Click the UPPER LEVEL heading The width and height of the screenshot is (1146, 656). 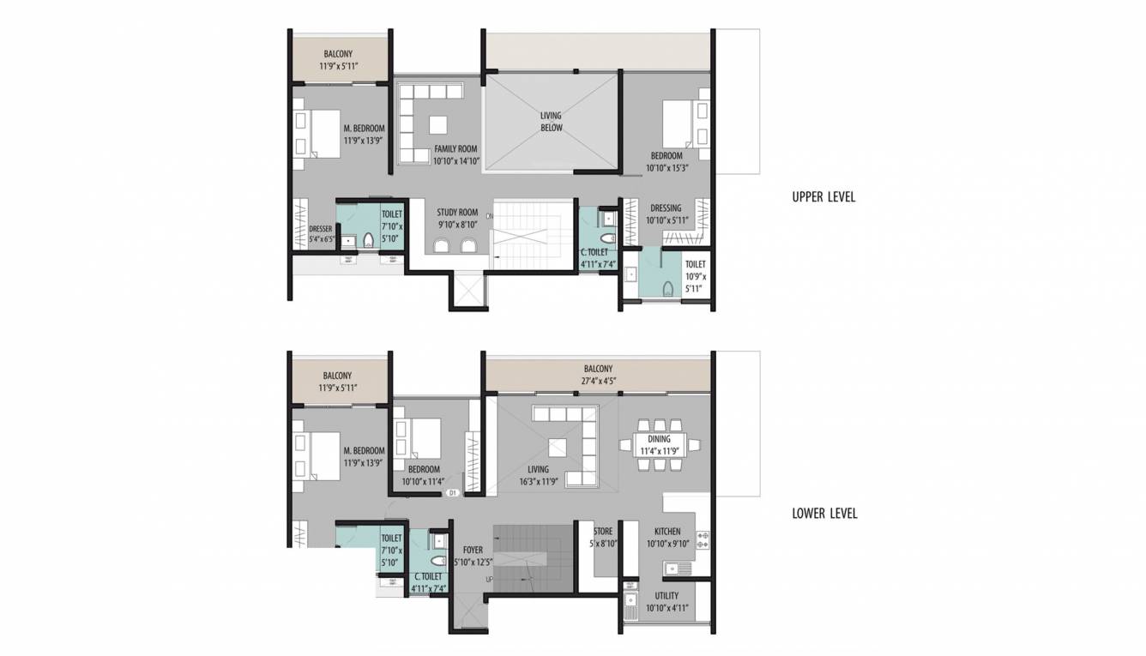[823, 197]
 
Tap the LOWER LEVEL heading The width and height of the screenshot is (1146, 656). [824, 514]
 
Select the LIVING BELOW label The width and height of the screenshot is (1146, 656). [551, 122]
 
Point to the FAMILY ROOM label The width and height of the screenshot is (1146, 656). [455, 149]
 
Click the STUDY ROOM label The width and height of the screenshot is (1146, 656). [456, 213]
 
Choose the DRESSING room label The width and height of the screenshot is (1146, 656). [666, 208]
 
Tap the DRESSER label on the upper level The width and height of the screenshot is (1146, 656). [321, 229]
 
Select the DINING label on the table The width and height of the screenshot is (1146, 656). [659, 439]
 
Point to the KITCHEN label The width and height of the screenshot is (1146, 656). [667, 532]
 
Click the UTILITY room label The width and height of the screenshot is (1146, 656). [666, 596]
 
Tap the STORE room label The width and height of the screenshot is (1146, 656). [603, 532]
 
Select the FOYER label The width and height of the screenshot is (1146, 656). [473, 551]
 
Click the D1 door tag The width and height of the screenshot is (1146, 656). [453, 494]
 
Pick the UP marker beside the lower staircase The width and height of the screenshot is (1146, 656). [489, 581]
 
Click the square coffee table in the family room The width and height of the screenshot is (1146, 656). [438, 124]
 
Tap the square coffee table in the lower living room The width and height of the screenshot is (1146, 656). [558, 447]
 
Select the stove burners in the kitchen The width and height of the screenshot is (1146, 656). [703, 539]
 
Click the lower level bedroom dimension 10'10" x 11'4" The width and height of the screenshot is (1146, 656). [424, 481]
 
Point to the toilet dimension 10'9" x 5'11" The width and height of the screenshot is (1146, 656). [695, 283]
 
